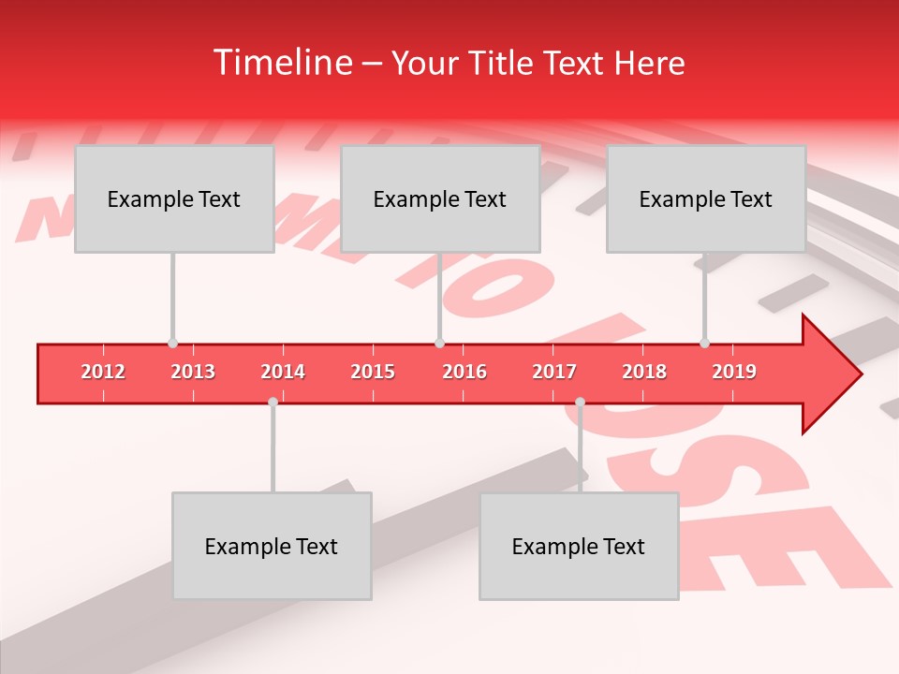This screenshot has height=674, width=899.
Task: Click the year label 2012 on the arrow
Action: tap(103, 372)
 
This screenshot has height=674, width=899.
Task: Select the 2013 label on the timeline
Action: tap(193, 372)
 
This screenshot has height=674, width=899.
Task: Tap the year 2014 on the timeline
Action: tap(283, 372)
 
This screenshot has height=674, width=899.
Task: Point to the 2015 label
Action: tap(373, 372)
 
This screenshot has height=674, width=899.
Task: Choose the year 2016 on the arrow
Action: tap(464, 372)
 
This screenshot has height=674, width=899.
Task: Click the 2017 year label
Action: tap(554, 372)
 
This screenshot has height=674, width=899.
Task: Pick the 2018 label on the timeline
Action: tap(644, 372)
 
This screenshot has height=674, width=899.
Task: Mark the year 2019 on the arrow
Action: tap(734, 372)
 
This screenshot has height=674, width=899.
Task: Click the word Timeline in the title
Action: tap(281, 63)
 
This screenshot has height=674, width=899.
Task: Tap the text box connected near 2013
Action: tap(174, 198)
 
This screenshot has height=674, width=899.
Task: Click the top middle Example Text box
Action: tap(440, 198)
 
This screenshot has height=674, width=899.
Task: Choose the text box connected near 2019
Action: tap(706, 198)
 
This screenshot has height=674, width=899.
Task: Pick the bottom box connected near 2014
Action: tap(272, 546)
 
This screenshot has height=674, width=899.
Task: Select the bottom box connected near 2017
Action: tap(579, 546)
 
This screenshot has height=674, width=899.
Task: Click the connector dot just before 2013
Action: tap(172, 344)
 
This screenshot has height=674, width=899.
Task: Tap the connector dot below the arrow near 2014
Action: tap(273, 402)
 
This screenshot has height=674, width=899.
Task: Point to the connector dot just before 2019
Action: tap(704, 344)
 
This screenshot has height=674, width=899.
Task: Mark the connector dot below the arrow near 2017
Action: tap(580, 402)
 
